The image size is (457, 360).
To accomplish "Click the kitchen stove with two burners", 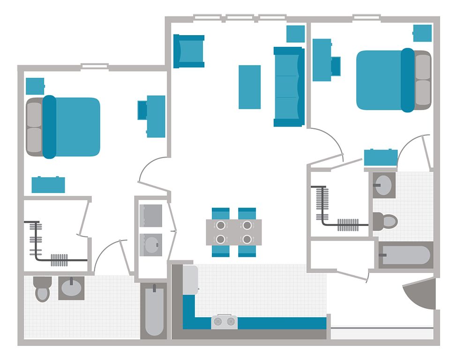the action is click(x=224, y=322).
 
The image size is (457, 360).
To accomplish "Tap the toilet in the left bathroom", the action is click(x=42, y=289).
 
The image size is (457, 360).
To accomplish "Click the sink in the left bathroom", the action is click(x=71, y=288).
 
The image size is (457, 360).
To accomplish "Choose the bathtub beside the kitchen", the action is click(x=154, y=310).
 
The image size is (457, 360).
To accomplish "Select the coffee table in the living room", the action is click(x=249, y=87).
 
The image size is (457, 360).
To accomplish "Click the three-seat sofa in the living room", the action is click(x=289, y=87).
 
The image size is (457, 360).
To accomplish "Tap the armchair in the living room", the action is click(x=189, y=51).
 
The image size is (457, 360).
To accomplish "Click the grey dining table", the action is click(x=233, y=232).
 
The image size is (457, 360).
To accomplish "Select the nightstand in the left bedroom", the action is click(x=35, y=86).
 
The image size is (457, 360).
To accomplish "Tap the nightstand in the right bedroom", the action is click(x=422, y=33).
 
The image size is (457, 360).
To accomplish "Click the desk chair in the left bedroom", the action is click(x=142, y=110).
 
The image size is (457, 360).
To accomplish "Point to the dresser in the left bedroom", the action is click(x=48, y=184).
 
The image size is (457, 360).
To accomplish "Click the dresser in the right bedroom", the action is click(x=381, y=157).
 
